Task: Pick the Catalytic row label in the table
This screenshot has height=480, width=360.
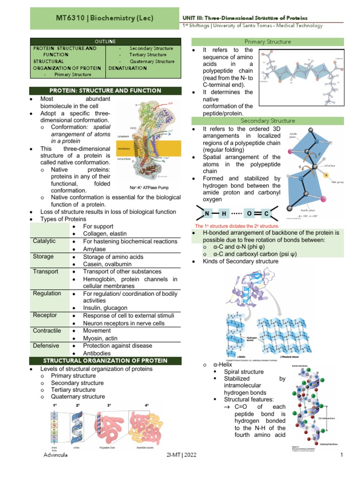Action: coord(44,241)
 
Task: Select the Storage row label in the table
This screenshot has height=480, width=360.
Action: coord(43,256)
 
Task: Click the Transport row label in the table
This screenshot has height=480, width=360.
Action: coord(45,271)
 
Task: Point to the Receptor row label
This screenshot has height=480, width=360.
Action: coord(45,315)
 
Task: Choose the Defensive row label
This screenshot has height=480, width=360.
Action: coord(46,345)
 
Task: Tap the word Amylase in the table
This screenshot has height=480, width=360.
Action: coord(94,249)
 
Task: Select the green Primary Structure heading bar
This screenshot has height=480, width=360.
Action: coord(267,42)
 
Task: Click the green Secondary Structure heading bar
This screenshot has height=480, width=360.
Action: coord(267,121)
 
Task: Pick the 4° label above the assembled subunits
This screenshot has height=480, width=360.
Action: coord(147,405)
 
